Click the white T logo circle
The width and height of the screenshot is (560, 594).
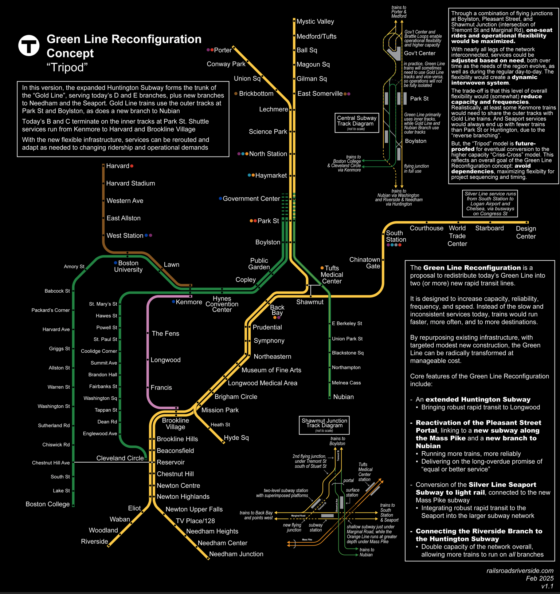click(x=29, y=45)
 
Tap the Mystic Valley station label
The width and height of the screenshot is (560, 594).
click(x=315, y=21)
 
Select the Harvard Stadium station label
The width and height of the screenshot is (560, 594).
click(x=130, y=183)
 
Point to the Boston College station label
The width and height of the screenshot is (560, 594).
click(x=47, y=504)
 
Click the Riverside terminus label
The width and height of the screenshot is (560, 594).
click(x=94, y=542)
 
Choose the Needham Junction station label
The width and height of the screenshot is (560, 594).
click(x=236, y=554)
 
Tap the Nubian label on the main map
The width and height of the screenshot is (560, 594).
click(x=343, y=397)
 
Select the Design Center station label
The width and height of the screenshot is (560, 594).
click(x=526, y=232)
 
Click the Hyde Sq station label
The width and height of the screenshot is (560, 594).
click(x=236, y=437)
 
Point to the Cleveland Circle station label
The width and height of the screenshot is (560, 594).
click(x=120, y=458)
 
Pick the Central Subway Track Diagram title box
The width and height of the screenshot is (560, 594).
click(x=357, y=123)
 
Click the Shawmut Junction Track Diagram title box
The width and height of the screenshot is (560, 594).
click(x=324, y=425)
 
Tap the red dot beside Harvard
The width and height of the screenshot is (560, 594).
click(x=132, y=166)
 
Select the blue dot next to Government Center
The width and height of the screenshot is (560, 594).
click(x=220, y=198)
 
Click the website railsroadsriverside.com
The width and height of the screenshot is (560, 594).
click(x=520, y=571)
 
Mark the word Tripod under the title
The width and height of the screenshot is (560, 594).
click(x=67, y=67)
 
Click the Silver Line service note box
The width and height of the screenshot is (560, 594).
click(x=490, y=203)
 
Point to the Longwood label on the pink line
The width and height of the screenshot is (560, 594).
click(x=165, y=360)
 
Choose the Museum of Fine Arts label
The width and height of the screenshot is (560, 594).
click(x=271, y=370)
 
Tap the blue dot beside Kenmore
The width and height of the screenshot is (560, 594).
click(x=173, y=302)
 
